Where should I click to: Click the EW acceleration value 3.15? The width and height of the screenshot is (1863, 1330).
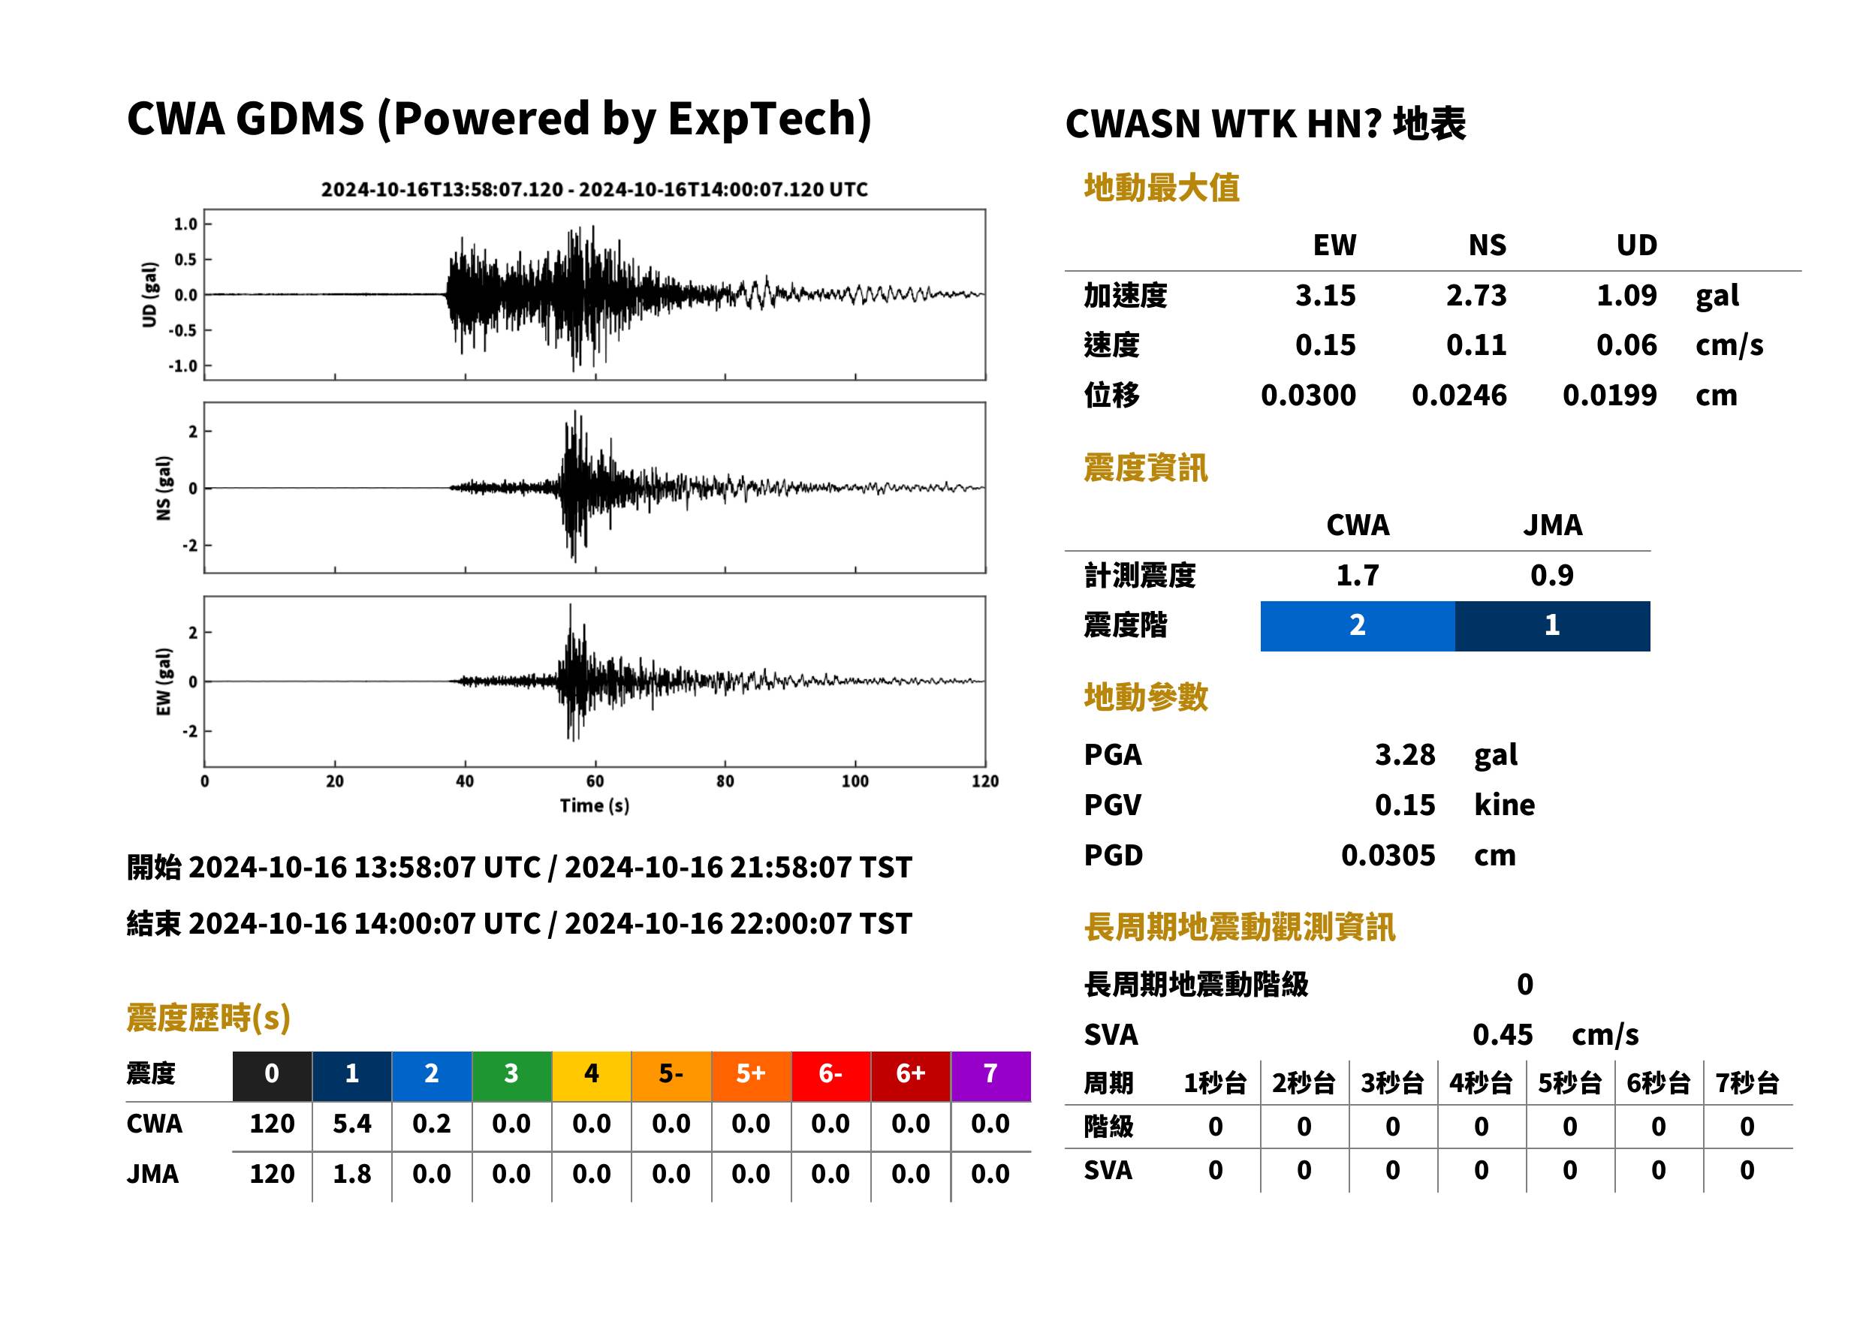tap(1325, 295)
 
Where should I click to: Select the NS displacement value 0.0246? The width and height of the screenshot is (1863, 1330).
tap(1458, 396)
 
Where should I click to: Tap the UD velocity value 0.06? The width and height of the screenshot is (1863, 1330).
tap(1626, 345)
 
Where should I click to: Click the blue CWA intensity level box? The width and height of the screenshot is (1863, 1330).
tap(1358, 626)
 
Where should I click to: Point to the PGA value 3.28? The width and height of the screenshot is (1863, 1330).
tap(1405, 754)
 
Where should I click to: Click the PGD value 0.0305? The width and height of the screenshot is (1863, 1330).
tap(1388, 855)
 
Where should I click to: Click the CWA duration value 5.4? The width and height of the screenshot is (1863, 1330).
tap(351, 1124)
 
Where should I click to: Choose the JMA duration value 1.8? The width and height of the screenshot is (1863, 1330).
tap(351, 1174)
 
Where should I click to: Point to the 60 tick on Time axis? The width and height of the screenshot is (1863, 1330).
tap(595, 781)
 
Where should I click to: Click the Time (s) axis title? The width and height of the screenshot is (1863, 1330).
tap(595, 806)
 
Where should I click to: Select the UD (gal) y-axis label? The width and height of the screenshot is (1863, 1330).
tap(149, 295)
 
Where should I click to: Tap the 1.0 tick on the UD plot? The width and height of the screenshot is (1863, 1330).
tap(185, 224)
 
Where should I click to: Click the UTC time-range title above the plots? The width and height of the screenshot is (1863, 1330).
tap(594, 189)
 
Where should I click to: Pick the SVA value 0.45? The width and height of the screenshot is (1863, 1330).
tap(1503, 1034)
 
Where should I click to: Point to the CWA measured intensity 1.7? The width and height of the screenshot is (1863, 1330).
tap(1358, 575)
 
